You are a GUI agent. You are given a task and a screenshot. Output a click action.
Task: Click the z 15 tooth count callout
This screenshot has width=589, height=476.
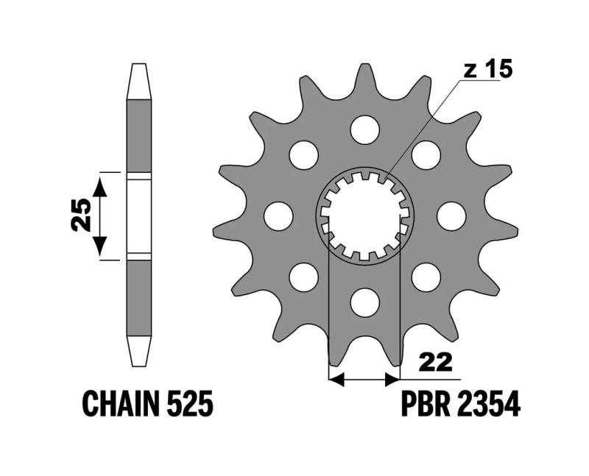pyautogui.click(x=487, y=70)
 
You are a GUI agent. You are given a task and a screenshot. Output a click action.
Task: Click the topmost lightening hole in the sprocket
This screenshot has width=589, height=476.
pyautogui.click(x=364, y=130)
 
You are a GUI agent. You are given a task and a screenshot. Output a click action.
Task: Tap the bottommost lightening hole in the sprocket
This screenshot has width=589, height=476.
pyautogui.click(x=364, y=302)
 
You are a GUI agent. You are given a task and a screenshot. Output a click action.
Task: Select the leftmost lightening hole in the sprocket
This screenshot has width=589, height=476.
pyautogui.click(x=278, y=216)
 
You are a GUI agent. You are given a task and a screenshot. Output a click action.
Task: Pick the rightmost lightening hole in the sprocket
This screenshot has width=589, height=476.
pyautogui.click(x=451, y=216)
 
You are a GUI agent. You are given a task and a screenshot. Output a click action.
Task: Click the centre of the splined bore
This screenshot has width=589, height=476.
pyautogui.click(x=364, y=216)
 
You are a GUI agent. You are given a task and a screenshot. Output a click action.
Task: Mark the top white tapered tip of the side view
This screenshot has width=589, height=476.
pyautogui.click(x=138, y=82)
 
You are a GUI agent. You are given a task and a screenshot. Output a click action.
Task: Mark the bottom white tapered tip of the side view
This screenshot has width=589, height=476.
pyautogui.click(x=138, y=351)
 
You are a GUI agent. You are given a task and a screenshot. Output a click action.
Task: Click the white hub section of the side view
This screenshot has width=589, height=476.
pyautogui.click(x=138, y=216)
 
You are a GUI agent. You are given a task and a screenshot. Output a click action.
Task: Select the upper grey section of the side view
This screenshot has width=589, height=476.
pyautogui.click(x=138, y=136)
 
